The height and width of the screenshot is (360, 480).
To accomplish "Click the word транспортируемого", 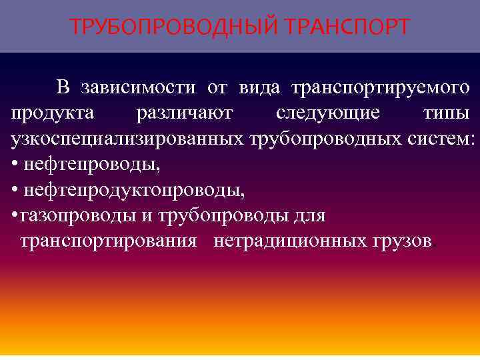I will [379, 88].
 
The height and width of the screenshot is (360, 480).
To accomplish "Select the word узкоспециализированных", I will [127, 139].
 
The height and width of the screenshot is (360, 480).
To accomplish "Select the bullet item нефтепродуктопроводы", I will [133, 191].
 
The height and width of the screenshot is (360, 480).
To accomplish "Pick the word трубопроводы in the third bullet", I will [227, 216].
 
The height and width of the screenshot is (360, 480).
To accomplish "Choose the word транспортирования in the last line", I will [109, 241].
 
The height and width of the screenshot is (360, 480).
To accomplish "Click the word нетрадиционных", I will [286, 241].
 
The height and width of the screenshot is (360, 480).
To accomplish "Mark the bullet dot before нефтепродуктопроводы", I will [15, 191].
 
